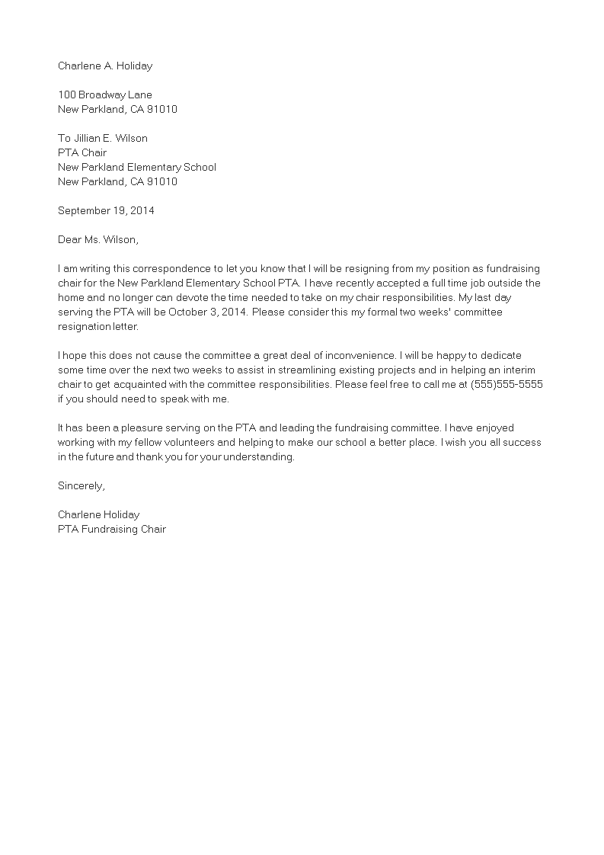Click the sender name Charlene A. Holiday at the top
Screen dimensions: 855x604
coord(105,66)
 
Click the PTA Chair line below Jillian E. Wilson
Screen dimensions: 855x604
coord(82,152)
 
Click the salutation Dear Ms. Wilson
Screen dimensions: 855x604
coord(98,239)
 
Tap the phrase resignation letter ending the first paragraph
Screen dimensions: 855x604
coord(98,326)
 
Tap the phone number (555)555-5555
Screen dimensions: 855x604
coord(507,384)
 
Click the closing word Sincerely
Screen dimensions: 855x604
coord(81,485)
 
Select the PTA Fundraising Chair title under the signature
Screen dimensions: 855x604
coord(112,529)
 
